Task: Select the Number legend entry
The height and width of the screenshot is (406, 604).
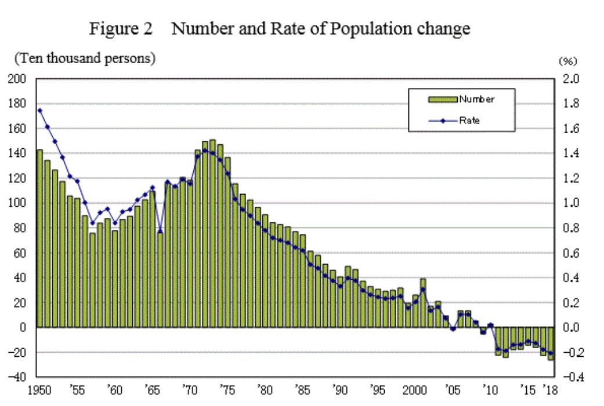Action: coord(476,99)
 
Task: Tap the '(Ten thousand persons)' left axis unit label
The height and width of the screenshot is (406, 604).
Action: coord(85,58)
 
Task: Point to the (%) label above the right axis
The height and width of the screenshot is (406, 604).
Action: coord(567,61)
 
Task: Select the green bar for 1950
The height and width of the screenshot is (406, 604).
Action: coord(39,237)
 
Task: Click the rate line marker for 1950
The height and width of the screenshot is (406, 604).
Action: coord(39,110)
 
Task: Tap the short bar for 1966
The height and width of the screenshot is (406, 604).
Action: coord(160,279)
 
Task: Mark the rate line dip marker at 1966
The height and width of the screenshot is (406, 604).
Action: coord(160,231)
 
